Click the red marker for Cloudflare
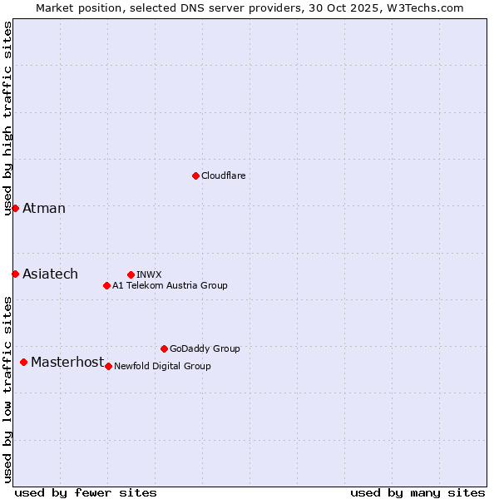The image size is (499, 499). pyautogui.click(x=195, y=175)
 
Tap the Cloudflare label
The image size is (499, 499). pyautogui.click(x=224, y=175)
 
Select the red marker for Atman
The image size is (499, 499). pyautogui.click(x=15, y=208)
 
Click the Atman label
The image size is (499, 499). pyautogui.click(x=44, y=208)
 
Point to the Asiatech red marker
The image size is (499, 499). pyautogui.click(x=15, y=274)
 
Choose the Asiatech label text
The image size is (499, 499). pyautogui.click(x=50, y=274)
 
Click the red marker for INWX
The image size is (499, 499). pyautogui.click(x=131, y=274)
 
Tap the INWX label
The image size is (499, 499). pyautogui.click(x=149, y=274)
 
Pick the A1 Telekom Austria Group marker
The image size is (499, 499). pyautogui.click(x=106, y=285)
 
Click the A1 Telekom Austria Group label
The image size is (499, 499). pyautogui.click(x=170, y=285)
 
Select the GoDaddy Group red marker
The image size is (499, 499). pyautogui.click(x=164, y=348)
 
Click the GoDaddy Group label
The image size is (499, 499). pyautogui.click(x=205, y=348)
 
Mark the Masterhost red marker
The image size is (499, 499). pyautogui.click(x=23, y=362)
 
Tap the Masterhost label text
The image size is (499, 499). pyautogui.click(x=67, y=362)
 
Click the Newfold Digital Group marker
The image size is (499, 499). pyautogui.click(x=108, y=366)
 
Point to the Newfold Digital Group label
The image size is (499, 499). pyautogui.click(x=162, y=366)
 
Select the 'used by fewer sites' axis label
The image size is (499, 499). pyautogui.click(x=86, y=492)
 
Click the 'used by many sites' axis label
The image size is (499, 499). pyautogui.click(x=417, y=492)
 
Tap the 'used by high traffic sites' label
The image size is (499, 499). pyautogui.click(x=7, y=118)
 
